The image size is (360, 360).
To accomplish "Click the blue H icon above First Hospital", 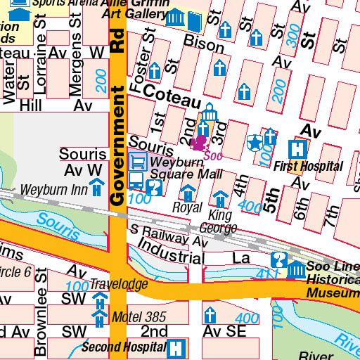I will (x=299, y=149).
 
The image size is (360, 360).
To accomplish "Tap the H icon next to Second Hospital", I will (x=178, y=347).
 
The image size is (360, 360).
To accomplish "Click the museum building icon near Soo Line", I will (x=297, y=269).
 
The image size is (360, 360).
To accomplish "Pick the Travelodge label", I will (x=118, y=285).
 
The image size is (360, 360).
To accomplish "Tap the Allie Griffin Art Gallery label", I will (x=135, y=8).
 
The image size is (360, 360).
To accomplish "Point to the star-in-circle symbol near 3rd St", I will (x=254, y=143).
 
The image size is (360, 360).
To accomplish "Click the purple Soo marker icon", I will (x=199, y=143).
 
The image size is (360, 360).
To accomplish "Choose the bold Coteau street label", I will (x=172, y=97).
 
